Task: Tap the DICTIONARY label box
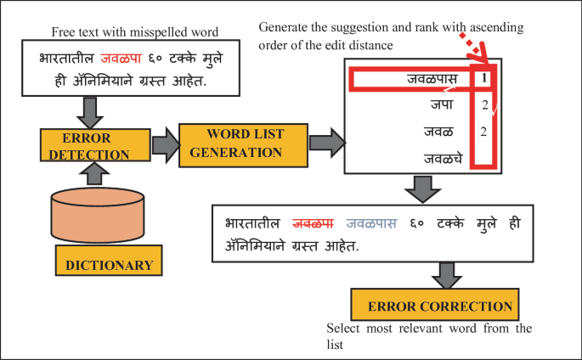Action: click(110, 264)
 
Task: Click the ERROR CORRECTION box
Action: click(439, 307)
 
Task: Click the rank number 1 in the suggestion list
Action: click(483, 80)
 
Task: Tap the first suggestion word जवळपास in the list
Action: click(432, 81)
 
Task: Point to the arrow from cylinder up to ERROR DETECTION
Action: click(95, 174)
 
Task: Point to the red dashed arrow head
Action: click(488, 59)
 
